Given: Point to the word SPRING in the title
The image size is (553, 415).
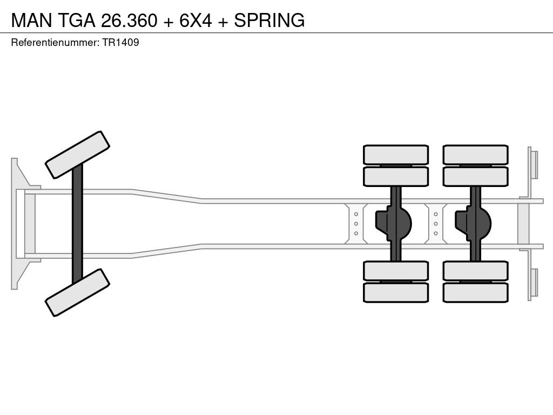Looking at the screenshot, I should pyautogui.click(x=269, y=20).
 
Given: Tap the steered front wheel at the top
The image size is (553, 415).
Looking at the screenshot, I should pyautogui.click(x=78, y=155).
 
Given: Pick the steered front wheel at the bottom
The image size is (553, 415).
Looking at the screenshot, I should pyautogui.click(x=78, y=292).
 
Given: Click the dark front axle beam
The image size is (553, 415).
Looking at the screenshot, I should pyautogui.click(x=78, y=223).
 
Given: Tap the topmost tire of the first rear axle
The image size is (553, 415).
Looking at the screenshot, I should pyautogui.click(x=396, y=155).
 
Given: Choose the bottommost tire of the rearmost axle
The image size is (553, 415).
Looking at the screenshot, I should pyautogui.click(x=475, y=292).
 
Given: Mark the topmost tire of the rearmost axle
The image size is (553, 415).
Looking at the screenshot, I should pyautogui.click(x=475, y=155).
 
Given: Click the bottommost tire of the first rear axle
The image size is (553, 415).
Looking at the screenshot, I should pyautogui.click(x=396, y=292).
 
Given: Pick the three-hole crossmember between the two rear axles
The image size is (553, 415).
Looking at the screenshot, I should pyautogui.click(x=435, y=223).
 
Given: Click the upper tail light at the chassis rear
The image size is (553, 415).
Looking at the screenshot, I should pyautogui.click(x=534, y=164).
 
